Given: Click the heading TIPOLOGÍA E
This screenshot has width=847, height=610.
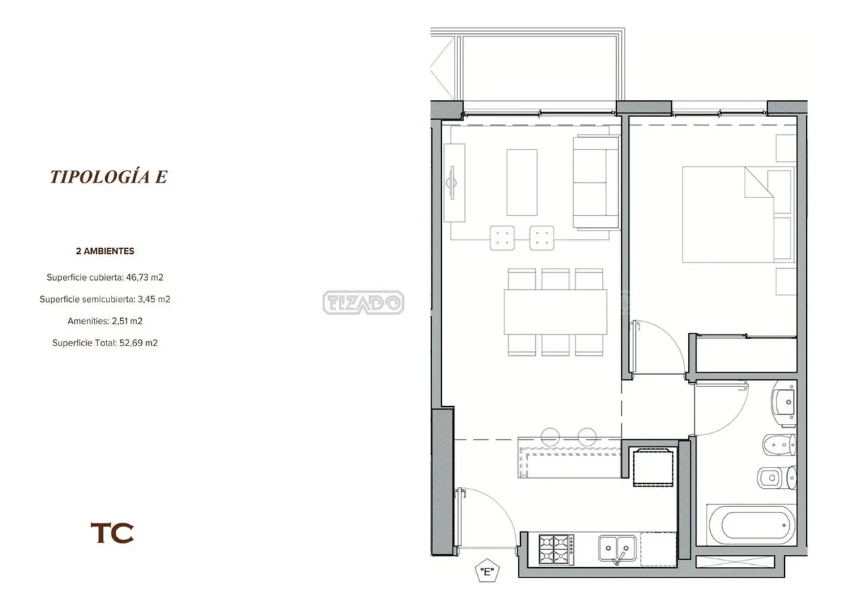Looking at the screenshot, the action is click(109, 176).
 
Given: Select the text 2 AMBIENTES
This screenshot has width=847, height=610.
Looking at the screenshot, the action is click(105, 251).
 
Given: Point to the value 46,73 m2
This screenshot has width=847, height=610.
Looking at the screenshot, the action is click(145, 277).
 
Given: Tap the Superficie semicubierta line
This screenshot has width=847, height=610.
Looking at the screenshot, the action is click(105, 299).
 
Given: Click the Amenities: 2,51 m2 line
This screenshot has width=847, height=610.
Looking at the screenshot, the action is click(105, 321).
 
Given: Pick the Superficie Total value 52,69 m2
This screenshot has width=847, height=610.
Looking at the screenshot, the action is click(138, 343).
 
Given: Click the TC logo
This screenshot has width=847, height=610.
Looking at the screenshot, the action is click(112, 533).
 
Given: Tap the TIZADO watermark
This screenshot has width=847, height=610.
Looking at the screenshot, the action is click(364, 302).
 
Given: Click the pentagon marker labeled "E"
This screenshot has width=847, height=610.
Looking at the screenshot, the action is click(487, 571).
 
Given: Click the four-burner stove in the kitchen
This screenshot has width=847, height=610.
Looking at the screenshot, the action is click(556, 550).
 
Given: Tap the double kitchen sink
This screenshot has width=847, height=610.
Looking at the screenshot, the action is click(617, 549).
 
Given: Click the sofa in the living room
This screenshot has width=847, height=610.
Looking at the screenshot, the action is click(596, 183).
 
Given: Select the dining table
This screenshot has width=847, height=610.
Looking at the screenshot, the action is click(555, 312).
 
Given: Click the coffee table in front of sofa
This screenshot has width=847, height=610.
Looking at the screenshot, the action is click(522, 183).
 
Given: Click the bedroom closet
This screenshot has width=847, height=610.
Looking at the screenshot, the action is click(746, 354).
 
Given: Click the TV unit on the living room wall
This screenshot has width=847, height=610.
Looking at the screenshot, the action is click(454, 183).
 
